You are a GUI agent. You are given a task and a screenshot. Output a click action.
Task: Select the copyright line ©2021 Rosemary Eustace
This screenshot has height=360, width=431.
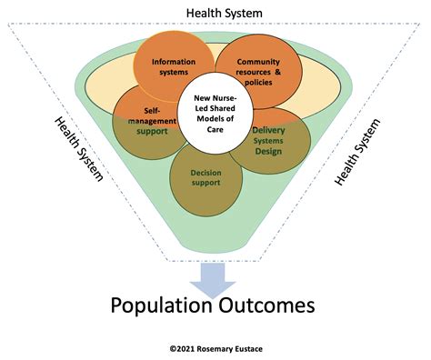[214, 347]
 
